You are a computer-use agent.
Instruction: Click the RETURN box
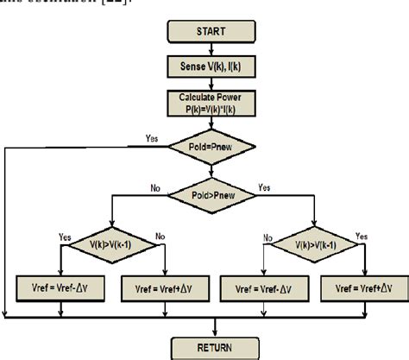click(x=214, y=347)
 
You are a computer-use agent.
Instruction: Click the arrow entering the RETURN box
click(x=214, y=328)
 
